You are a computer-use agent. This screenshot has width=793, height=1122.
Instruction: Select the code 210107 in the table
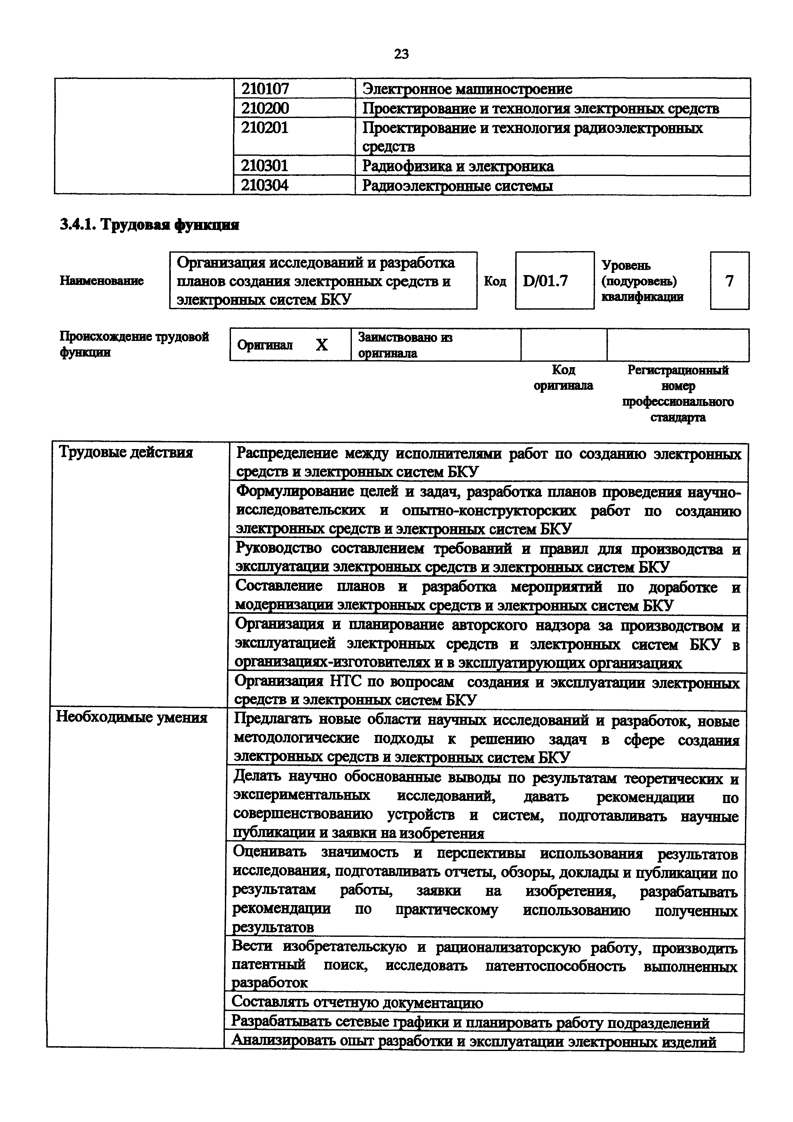coord(265,89)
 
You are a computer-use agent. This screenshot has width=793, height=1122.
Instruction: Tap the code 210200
coord(265,108)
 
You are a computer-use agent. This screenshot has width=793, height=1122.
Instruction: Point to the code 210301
coord(265,166)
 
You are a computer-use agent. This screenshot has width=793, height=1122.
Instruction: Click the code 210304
coord(265,185)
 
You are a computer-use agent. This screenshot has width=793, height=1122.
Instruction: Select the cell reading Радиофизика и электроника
coord(458,166)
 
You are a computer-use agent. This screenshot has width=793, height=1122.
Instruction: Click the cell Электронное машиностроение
coord(467,89)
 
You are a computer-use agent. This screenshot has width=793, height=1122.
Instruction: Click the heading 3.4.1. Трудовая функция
coord(149,225)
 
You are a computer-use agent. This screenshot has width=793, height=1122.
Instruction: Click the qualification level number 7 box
coord(729,281)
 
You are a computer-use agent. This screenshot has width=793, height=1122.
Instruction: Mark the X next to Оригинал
coord(321,345)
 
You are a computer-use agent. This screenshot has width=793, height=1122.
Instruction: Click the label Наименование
coord(102,281)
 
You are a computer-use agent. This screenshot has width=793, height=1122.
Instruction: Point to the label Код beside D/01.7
coord(495,281)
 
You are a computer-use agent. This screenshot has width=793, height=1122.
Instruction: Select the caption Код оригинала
coord(563,377)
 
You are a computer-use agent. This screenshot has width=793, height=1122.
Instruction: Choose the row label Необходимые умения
coord(132,717)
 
